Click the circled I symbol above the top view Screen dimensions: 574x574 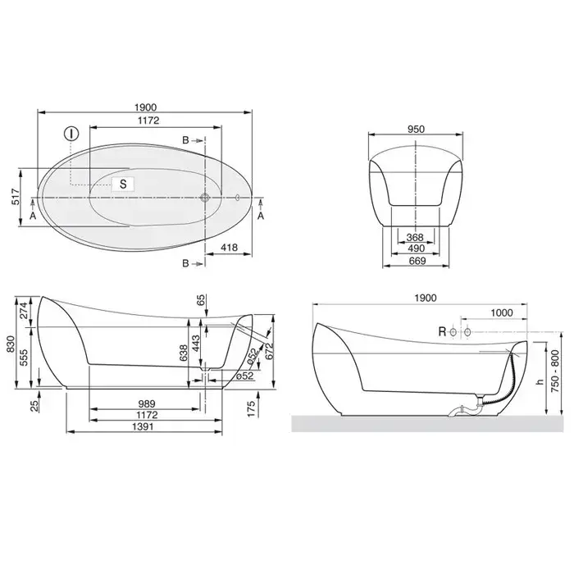coord(71,134)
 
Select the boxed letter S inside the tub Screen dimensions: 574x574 coord(123,184)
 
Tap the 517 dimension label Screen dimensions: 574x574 coord(16,197)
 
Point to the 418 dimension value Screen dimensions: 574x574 coord(229,248)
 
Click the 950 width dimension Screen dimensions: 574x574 coord(416,130)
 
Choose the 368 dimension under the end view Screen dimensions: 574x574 coord(415,237)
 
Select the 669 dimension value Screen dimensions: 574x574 coord(417,261)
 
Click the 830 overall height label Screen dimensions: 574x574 coord(10,345)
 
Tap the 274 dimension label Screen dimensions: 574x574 coord(24,310)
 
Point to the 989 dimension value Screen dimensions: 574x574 coord(147,403)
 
